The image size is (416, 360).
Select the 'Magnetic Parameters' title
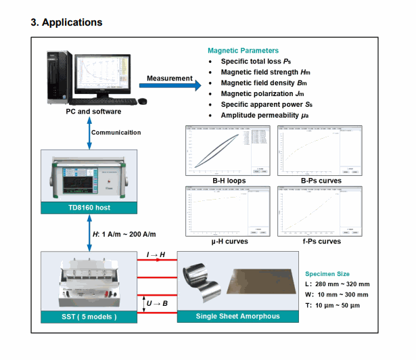243,51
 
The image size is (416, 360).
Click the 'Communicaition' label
116,133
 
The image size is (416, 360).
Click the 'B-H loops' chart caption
227,181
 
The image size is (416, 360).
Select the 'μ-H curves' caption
227,241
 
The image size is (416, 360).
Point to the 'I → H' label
156,254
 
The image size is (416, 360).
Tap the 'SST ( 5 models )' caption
90,316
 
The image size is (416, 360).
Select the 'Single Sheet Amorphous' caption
237,316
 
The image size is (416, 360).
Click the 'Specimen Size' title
333,274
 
